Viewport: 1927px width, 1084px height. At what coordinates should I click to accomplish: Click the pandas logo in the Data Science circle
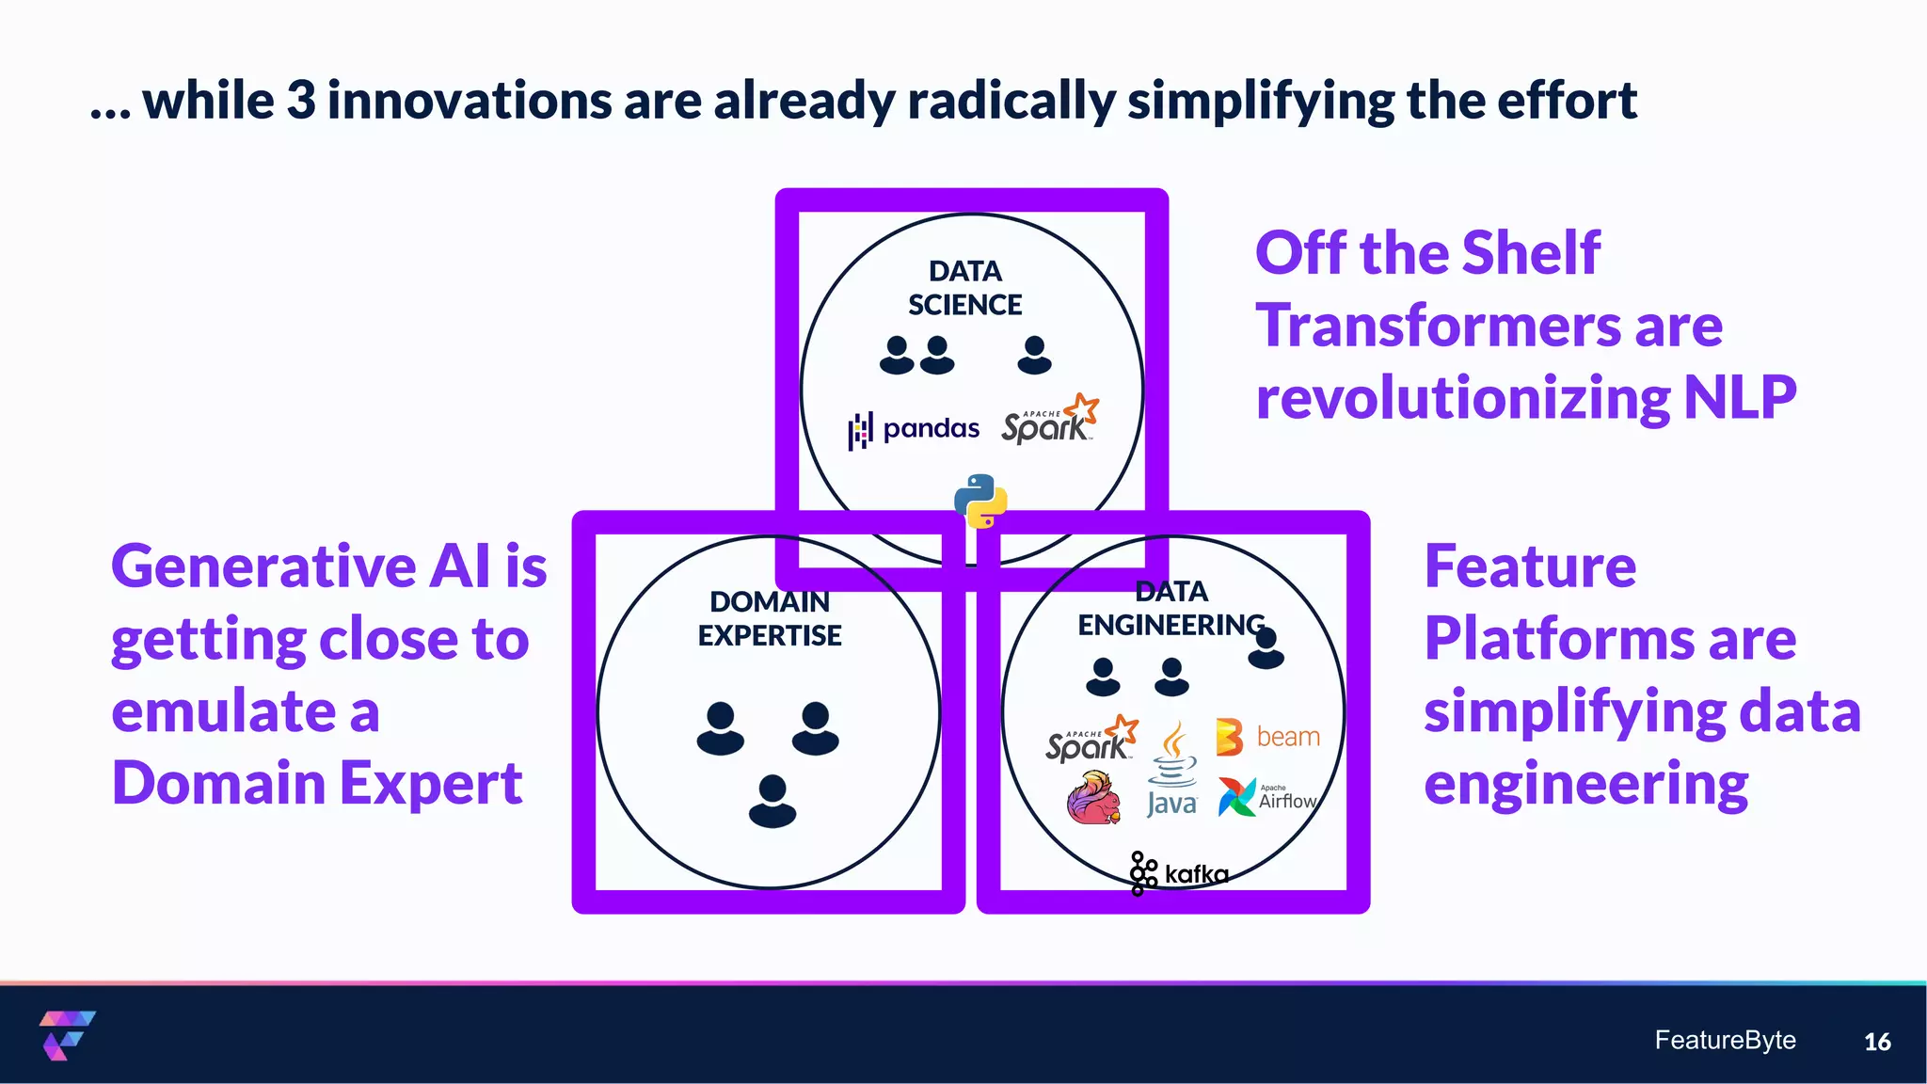914,430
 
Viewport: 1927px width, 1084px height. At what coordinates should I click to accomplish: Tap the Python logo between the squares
980,501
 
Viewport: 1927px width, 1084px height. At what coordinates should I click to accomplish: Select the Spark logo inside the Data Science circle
1049,421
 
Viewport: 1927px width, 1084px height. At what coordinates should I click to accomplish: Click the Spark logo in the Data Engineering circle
1091,740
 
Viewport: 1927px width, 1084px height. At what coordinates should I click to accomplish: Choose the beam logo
1267,737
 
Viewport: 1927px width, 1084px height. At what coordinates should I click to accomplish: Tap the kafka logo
1179,873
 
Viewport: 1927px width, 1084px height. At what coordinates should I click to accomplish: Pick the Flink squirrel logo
1094,798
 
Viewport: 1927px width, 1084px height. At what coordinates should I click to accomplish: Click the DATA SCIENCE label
964,288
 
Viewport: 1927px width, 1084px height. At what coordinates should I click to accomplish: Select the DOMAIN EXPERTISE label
770,618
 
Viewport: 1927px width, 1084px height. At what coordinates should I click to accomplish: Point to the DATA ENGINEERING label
1171,608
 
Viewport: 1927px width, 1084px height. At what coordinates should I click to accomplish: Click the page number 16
1876,1042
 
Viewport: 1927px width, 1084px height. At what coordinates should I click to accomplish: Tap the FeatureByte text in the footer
1725,1040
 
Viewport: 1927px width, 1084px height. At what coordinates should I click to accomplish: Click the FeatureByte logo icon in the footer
66,1035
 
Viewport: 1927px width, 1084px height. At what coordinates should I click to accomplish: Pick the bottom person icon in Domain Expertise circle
772,801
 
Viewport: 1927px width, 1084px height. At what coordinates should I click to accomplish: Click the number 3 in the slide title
301,101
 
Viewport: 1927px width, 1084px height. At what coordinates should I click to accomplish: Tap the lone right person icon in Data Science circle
1034,355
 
